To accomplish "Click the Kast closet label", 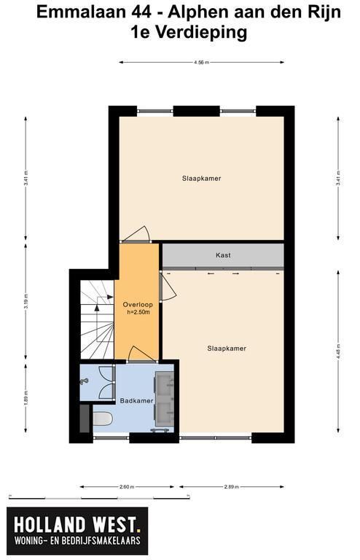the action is (x=223, y=255).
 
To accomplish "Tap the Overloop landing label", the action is (x=138, y=305).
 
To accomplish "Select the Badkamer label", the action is (x=137, y=401).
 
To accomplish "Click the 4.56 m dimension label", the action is (x=201, y=62).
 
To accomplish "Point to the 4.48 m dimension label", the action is (x=338, y=352).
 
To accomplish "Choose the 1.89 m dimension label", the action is (x=26, y=398).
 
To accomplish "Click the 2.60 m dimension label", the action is (x=128, y=486).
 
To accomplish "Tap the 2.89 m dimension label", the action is (x=232, y=486).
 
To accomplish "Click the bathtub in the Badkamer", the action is (x=103, y=419).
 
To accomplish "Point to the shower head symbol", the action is (x=85, y=381).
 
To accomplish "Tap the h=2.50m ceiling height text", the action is (x=138, y=313).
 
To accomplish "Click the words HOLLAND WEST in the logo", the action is (x=75, y=525).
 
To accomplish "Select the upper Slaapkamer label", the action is (x=202, y=178).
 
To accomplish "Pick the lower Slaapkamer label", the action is (x=227, y=349).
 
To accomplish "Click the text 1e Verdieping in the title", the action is (x=189, y=33).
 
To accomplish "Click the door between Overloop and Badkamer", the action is (x=141, y=354).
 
